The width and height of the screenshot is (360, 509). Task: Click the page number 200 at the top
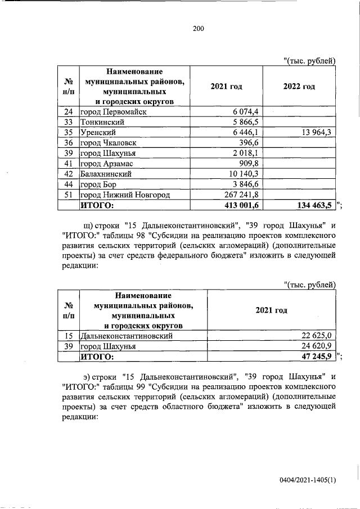tap(197, 29)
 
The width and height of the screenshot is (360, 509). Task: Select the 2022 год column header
tap(298, 86)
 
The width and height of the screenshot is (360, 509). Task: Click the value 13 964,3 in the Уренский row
tap(309, 132)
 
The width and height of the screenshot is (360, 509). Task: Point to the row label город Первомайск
tap(113, 112)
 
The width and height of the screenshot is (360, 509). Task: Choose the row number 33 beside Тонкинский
tap(68, 122)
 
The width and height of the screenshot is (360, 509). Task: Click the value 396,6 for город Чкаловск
tap(247, 143)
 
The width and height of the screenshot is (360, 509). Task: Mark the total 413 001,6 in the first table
tap(237, 205)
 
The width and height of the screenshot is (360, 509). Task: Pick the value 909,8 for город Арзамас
tap(247, 164)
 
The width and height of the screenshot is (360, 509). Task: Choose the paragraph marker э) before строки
tap(87, 376)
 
